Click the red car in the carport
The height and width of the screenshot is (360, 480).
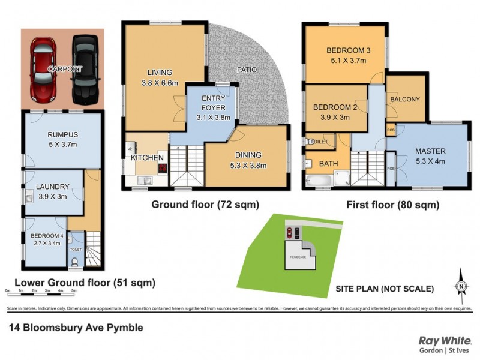point(43,70)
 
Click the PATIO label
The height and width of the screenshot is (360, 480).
point(246,70)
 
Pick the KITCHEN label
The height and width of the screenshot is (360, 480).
point(148,158)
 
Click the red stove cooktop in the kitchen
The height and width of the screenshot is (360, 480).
point(162,168)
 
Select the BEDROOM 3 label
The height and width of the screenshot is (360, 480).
point(347,50)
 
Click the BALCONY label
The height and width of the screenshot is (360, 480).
point(405,99)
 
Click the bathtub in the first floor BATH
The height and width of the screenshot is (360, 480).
point(317,180)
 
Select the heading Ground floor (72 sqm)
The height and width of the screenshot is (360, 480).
point(205,205)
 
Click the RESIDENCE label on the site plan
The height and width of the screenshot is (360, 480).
point(298,257)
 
